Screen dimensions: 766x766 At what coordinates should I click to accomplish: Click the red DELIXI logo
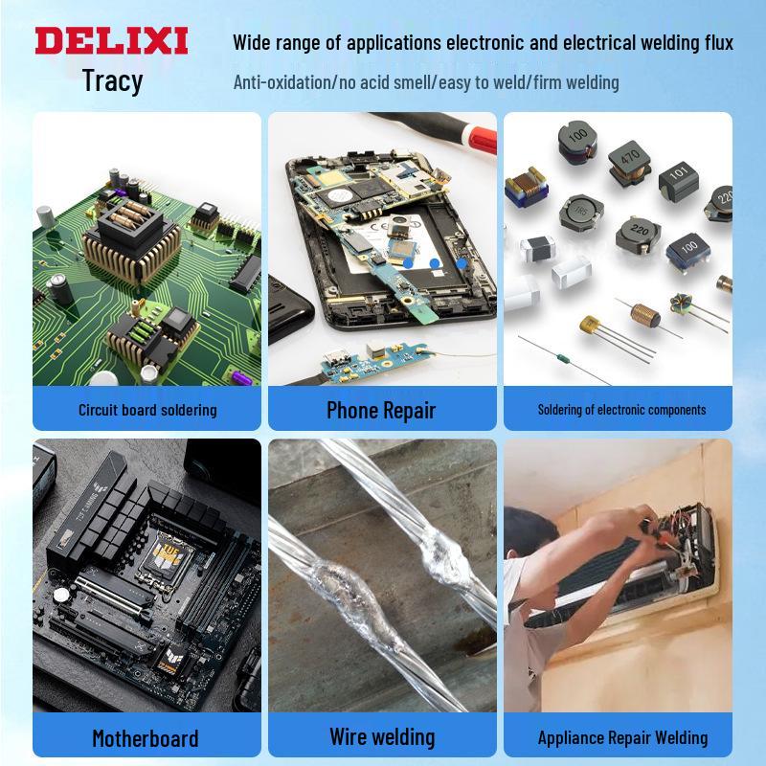(111, 40)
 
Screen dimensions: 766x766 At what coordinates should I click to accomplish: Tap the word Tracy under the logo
(112, 80)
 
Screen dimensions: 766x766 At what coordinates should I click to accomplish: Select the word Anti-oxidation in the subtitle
(282, 82)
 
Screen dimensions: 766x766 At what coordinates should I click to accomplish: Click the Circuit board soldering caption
(147, 410)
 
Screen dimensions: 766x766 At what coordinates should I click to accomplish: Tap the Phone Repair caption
(381, 410)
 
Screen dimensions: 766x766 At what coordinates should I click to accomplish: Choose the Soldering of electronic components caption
(621, 410)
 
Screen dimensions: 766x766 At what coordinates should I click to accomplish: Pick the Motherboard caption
(146, 738)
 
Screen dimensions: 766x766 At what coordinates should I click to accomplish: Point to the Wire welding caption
(382, 736)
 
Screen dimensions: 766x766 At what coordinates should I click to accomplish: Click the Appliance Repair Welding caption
(623, 737)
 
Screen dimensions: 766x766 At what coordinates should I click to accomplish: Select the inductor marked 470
(630, 163)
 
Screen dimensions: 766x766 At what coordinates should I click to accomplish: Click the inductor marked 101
(679, 179)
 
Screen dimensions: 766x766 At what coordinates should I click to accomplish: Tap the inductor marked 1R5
(581, 213)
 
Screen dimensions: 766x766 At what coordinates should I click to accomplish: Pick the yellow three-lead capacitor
(591, 325)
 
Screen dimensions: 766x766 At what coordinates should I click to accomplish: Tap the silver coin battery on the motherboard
(61, 595)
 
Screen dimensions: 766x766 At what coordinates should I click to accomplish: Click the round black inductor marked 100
(577, 142)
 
